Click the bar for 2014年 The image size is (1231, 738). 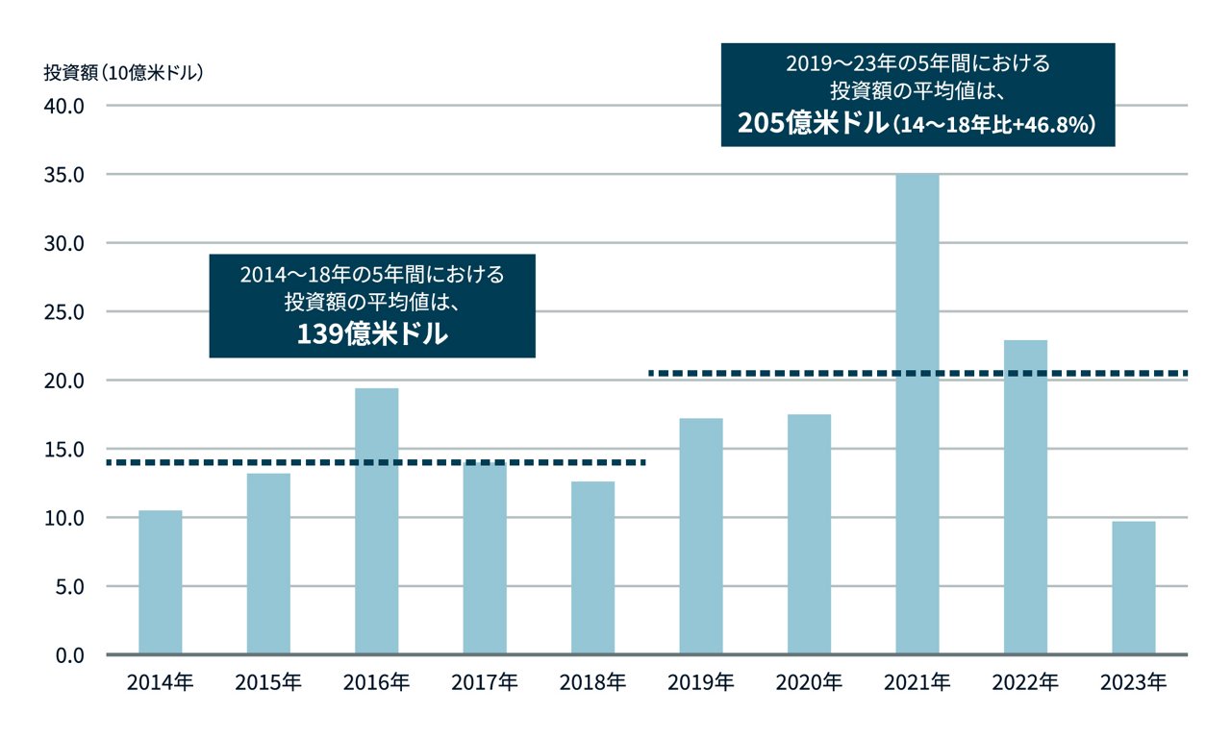[161, 582]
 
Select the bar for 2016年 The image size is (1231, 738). [377, 521]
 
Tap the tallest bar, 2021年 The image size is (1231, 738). [917, 414]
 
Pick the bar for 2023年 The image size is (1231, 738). [1134, 588]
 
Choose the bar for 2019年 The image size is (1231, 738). [701, 536]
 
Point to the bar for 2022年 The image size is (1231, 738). [1025, 497]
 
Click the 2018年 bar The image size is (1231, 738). [593, 568]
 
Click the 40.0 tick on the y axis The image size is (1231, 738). [66, 106]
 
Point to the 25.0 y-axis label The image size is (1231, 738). [66, 312]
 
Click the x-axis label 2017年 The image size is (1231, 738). [485, 683]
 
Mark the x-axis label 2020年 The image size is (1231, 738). [809, 683]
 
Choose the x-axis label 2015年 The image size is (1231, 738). [268, 683]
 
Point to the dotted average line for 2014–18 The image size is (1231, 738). [375, 463]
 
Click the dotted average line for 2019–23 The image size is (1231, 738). [918, 373]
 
